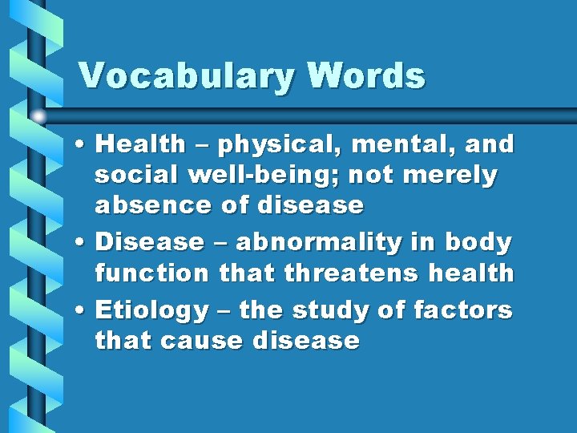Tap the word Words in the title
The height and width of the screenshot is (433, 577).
tap(365, 76)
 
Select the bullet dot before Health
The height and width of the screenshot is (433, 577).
tap(83, 145)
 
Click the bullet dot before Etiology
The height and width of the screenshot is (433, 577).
tap(83, 310)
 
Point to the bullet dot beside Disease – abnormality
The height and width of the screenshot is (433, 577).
tap(83, 241)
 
